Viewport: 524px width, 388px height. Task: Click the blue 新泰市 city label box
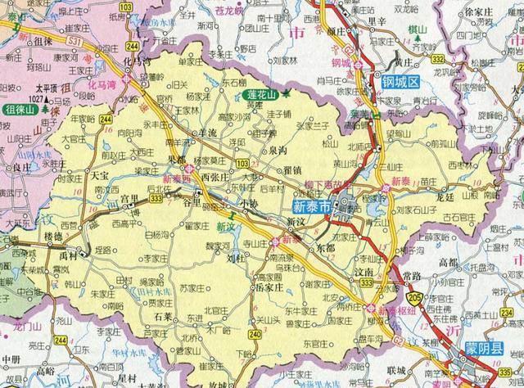point(312,208)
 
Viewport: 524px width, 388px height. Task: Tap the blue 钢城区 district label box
point(399,82)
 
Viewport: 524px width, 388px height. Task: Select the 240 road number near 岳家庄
point(255,334)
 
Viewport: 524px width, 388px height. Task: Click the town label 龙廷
point(445,197)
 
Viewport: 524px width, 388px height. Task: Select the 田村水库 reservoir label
point(149,291)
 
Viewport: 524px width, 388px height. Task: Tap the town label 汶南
point(365,269)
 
